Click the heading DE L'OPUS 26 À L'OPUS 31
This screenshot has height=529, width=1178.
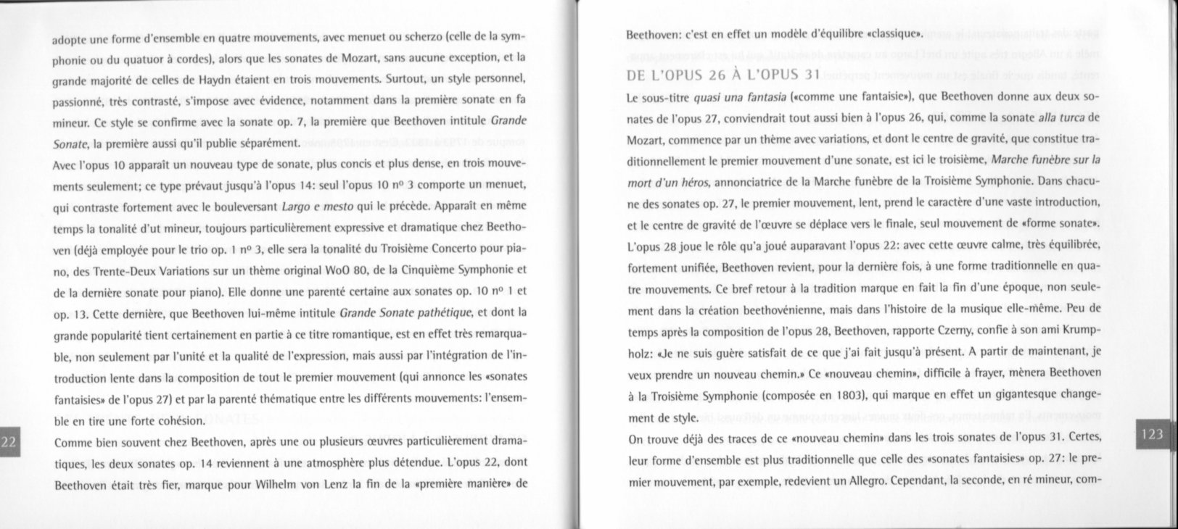tap(722, 75)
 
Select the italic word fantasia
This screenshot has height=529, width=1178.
tap(743, 96)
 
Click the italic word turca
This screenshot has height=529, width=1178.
tap(1070, 117)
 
